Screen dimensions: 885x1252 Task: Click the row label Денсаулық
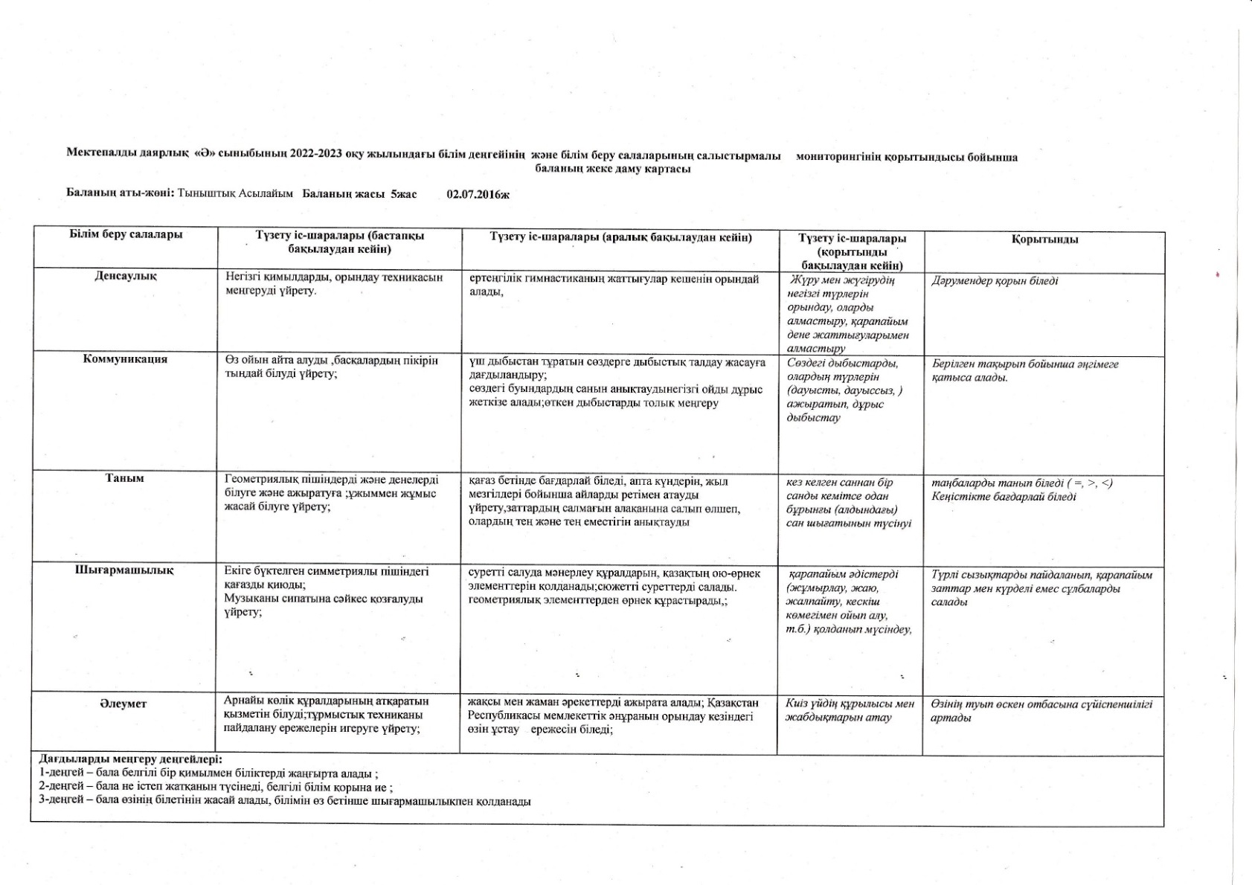[x=125, y=276]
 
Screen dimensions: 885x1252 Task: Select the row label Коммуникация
[x=125, y=359]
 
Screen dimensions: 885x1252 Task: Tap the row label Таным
[x=124, y=478]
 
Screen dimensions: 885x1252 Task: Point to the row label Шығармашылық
[x=124, y=570]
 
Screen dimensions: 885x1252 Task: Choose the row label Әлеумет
[x=123, y=704]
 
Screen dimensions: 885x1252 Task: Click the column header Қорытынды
[x=1044, y=239]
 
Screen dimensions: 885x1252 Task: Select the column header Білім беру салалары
[x=126, y=235]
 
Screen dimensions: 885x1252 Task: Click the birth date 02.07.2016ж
[x=478, y=194]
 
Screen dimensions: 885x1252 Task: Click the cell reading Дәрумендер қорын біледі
[x=995, y=281]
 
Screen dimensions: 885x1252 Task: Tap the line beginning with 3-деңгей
[x=285, y=801]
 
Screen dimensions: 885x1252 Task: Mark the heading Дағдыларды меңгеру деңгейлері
[x=130, y=759]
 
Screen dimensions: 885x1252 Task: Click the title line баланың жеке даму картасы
[x=613, y=169]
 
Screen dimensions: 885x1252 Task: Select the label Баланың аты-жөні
[x=121, y=193]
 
